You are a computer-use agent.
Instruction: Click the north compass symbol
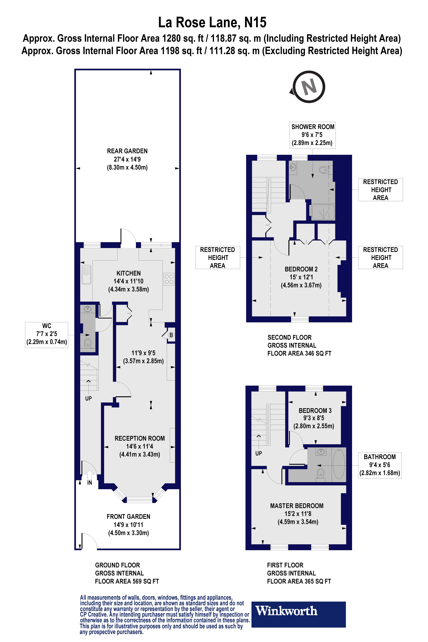tap(308, 87)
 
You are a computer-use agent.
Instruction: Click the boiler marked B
tap(171, 335)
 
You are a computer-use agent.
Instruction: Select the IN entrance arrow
tap(89, 475)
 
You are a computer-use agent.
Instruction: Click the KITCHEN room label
tap(129, 273)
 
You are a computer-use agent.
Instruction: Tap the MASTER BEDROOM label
tap(297, 506)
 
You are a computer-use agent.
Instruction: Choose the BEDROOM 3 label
tap(315, 411)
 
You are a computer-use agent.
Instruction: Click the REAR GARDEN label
tap(127, 151)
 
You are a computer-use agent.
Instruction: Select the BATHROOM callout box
tap(380, 465)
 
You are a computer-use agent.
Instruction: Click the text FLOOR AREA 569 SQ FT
tap(127, 581)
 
